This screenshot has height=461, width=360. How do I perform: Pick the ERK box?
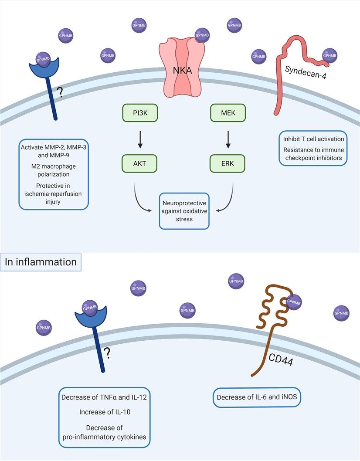coord(228,165)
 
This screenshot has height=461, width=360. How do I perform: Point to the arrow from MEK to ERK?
coord(228,139)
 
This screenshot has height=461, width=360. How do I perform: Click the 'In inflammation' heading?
coord(41,262)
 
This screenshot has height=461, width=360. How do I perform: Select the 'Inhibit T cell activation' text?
coord(312,139)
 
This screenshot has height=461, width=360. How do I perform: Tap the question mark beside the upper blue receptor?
coord(59,93)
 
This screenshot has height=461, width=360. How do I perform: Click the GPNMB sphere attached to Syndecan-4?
coord(329,55)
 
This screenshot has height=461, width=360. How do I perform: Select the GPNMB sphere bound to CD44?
coord(294,301)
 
